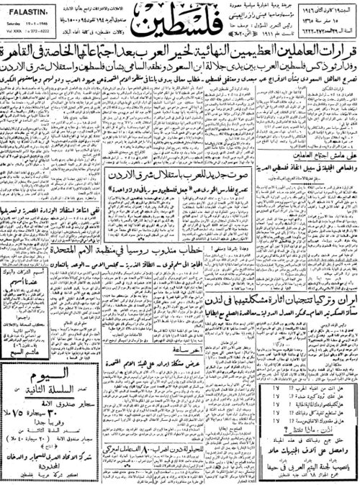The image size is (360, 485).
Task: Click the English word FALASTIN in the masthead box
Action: click(24, 9)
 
